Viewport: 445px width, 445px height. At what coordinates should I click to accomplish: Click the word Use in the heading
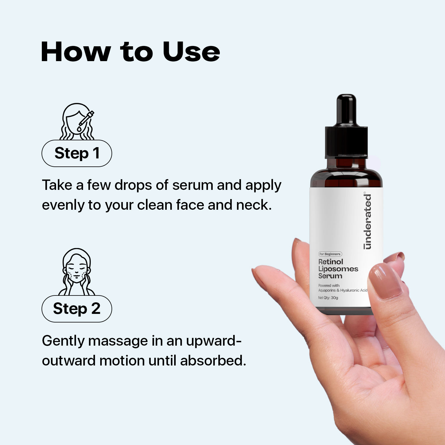191,52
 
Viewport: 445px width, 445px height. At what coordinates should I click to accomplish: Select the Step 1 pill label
77,153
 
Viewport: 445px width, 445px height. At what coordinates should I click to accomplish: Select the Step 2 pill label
77,309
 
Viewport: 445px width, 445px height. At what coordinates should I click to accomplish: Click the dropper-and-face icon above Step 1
77,122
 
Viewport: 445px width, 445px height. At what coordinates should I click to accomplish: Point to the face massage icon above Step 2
77,272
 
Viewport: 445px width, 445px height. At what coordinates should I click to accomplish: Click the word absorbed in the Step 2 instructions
213,361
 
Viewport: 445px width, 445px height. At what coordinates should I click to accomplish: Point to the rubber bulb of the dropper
347,110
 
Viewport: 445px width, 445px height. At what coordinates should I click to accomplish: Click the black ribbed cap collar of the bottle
347,142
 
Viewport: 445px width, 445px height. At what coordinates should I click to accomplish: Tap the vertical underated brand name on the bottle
368,221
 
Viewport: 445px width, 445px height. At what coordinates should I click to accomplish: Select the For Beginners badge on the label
330,254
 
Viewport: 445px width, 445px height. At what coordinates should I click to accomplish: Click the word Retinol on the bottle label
330,262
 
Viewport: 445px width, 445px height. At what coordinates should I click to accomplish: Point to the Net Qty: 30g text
328,298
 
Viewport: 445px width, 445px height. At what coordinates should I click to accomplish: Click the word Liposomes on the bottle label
338,269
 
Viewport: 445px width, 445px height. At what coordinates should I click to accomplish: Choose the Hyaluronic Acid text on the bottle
354,290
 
